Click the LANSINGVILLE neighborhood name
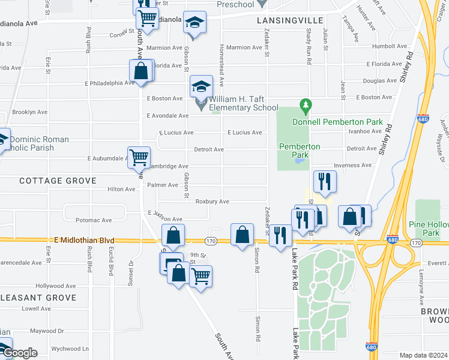[x=282, y=20]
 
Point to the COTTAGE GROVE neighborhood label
[x=58, y=181]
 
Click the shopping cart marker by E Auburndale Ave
[x=139, y=157]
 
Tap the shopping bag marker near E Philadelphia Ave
[x=140, y=70]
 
